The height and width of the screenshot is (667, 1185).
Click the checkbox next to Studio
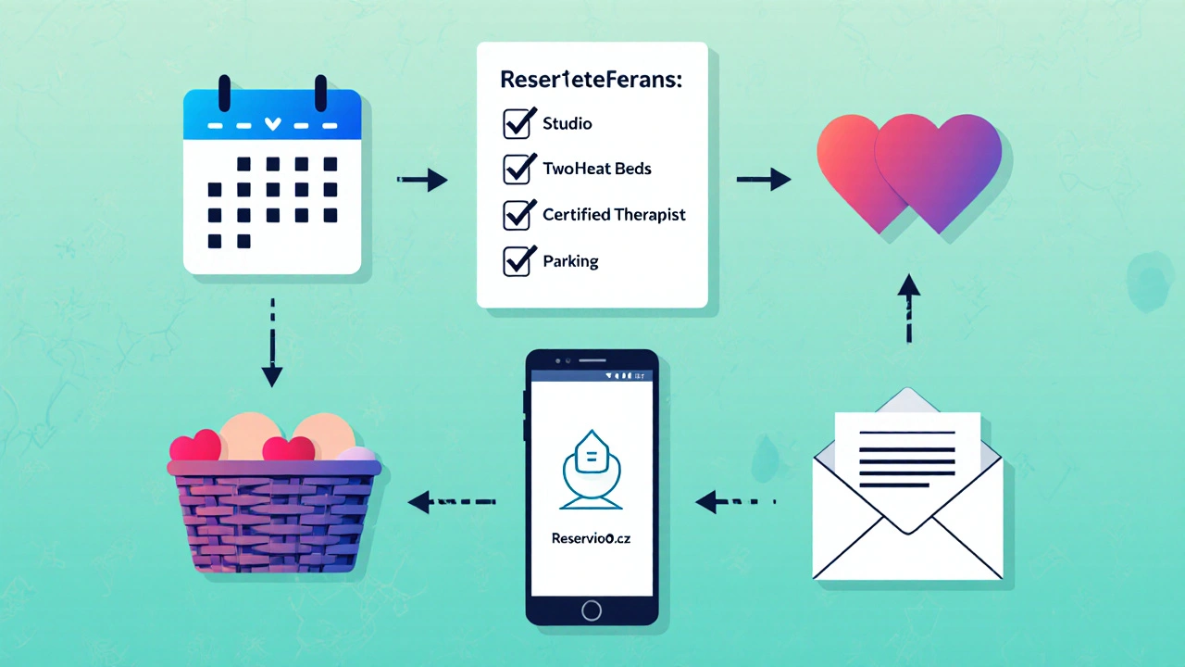tap(517, 123)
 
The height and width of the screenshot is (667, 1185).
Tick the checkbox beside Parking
tap(517, 261)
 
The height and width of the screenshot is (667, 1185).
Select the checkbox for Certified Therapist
tap(517, 215)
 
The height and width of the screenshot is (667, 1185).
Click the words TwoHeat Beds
tap(596, 169)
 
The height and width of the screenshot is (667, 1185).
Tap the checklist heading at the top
tap(591, 80)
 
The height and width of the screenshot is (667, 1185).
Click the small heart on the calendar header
tap(272, 123)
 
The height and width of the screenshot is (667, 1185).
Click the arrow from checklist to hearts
tap(763, 179)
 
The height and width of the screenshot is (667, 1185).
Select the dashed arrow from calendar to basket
tap(271, 343)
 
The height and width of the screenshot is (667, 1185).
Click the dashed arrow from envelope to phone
tap(735, 502)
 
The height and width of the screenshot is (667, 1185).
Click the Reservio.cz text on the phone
tap(591, 538)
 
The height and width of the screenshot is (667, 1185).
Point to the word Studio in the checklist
tap(568, 123)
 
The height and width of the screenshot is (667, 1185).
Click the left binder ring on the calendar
tap(223, 93)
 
